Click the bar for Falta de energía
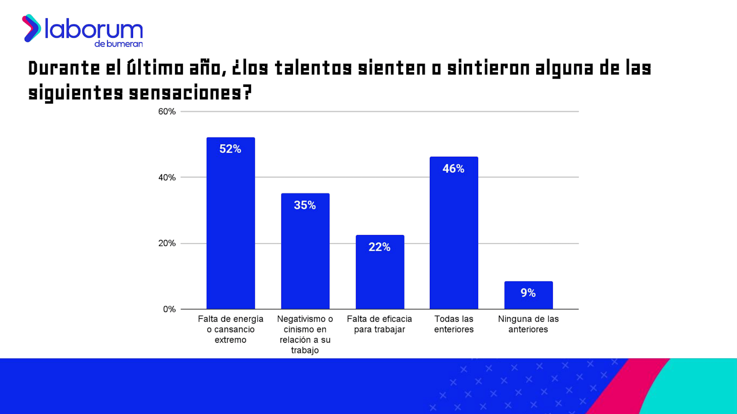(x=230, y=230)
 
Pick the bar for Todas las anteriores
(x=454, y=239)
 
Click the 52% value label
(x=230, y=149)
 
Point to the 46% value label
(x=454, y=169)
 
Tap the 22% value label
(x=380, y=247)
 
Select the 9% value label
(x=528, y=293)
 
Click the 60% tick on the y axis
(x=167, y=112)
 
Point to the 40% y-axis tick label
(x=167, y=178)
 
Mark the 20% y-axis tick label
(x=167, y=243)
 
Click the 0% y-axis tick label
(x=169, y=309)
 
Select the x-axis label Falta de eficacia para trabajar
(x=380, y=324)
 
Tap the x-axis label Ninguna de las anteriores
(x=528, y=324)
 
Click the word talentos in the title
(x=313, y=69)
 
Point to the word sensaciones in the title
(x=185, y=93)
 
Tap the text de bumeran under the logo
(x=118, y=44)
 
